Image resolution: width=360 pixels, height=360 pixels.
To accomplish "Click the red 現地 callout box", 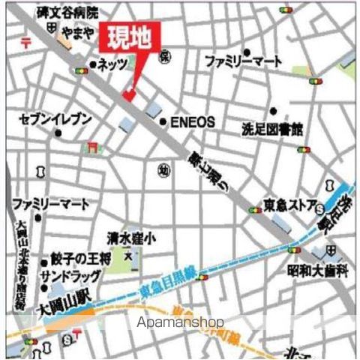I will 136,37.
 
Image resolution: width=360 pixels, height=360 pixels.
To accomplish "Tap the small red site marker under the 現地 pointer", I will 128,95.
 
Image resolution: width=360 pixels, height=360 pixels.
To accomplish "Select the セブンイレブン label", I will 56,118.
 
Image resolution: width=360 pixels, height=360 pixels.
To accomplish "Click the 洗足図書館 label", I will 271,130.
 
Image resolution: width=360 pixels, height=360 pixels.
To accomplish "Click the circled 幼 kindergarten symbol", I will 163,170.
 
